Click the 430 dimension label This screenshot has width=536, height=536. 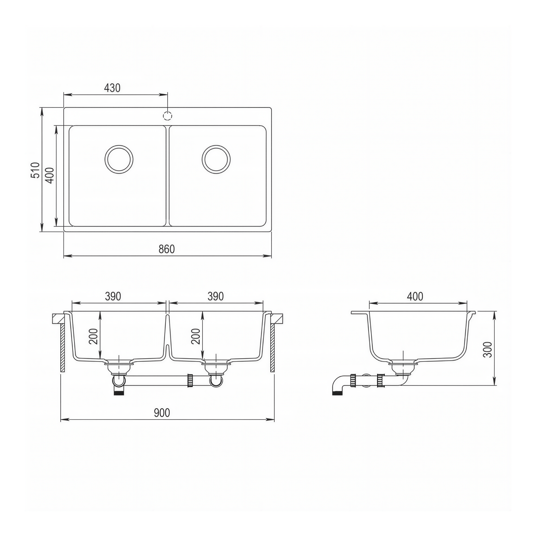112,88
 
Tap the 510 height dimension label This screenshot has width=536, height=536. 35,170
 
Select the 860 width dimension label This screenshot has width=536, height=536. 167,249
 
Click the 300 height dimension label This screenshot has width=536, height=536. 487,350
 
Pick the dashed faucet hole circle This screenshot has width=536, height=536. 167,116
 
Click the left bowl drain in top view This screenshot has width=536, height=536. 119,159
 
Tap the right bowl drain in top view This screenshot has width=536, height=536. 216,159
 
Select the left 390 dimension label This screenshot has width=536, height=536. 113,296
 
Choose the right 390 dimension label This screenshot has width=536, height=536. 216,296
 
